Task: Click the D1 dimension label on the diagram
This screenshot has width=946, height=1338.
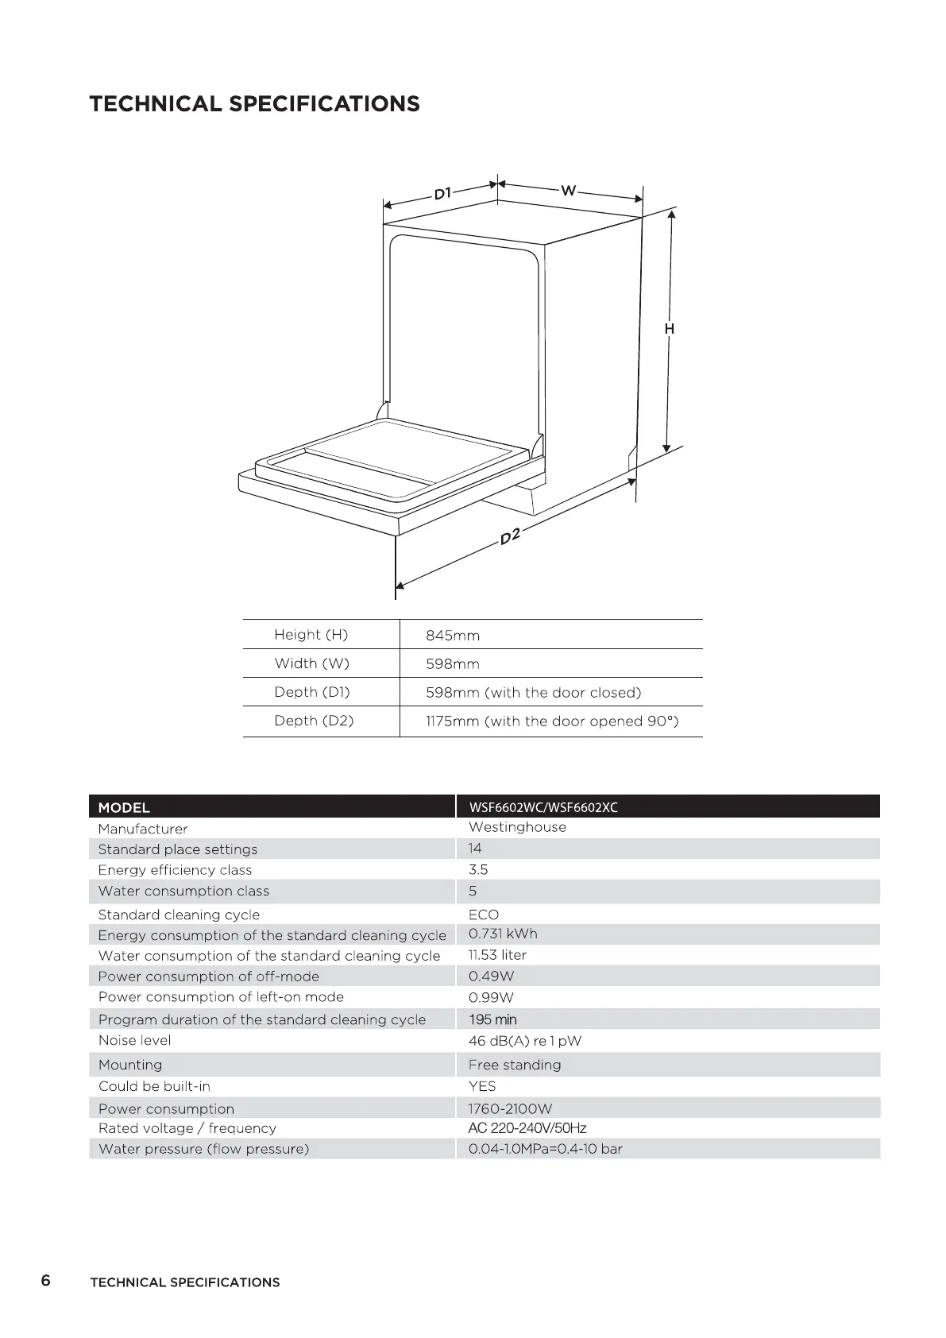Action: (442, 193)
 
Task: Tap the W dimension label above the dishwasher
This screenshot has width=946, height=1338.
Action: (568, 191)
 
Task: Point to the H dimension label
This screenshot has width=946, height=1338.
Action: (670, 328)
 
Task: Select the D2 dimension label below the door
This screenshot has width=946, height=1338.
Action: (510, 536)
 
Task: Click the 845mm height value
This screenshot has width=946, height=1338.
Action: (453, 636)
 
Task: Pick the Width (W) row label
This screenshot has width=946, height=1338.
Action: (311, 663)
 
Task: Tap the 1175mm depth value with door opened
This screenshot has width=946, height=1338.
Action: (552, 721)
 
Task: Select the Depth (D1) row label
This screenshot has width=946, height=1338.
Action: (311, 692)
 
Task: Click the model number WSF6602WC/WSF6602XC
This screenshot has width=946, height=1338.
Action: (543, 807)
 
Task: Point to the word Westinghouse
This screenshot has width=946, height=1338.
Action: (517, 827)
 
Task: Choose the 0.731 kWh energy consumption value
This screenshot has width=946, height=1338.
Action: (503, 934)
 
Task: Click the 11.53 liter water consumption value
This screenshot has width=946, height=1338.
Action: (497, 955)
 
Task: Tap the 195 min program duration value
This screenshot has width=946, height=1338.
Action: (492, 1019)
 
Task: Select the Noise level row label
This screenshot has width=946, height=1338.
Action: (134, 1040)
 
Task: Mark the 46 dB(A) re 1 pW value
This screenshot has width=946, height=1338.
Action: (525, 1041)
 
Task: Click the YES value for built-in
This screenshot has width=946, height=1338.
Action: (482, 1086)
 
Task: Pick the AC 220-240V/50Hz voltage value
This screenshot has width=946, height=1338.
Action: (527, 1128)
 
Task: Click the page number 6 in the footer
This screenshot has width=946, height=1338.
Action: (45, 1281)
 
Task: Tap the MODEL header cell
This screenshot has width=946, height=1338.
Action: (124, 807)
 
